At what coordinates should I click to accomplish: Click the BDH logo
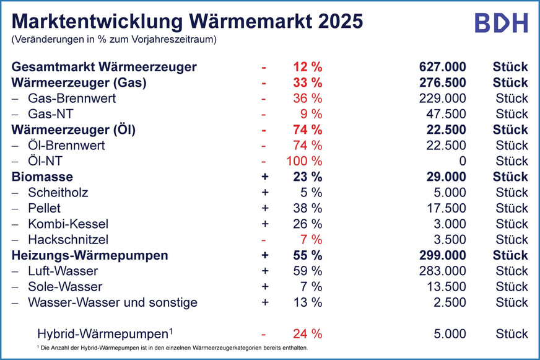tap(501, 22)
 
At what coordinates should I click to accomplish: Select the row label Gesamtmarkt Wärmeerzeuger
tap(104, 67)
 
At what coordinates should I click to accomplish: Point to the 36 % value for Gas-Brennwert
tap(308, 99)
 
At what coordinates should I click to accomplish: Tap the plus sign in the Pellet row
tap(264, 208)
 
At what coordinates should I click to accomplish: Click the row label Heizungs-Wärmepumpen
tap(90, 255)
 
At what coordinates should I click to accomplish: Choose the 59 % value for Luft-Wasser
tap(308, 271)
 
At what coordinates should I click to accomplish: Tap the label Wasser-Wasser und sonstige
tap(112, 302)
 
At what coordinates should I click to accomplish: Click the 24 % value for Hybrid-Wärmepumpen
tap(308, 333)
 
